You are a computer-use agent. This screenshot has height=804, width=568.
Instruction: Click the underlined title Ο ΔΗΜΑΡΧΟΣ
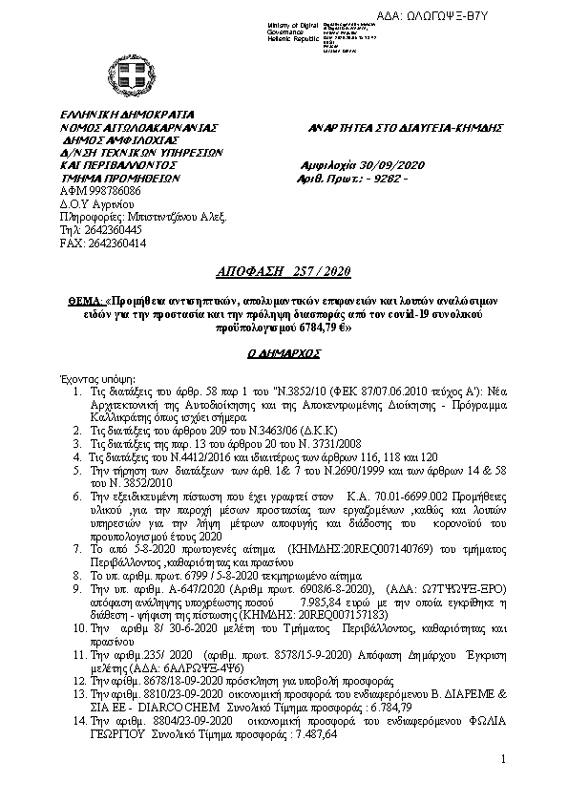284,351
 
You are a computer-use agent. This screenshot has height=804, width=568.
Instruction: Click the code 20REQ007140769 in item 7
369,552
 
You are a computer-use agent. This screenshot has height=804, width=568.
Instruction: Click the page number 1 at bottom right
502,759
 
